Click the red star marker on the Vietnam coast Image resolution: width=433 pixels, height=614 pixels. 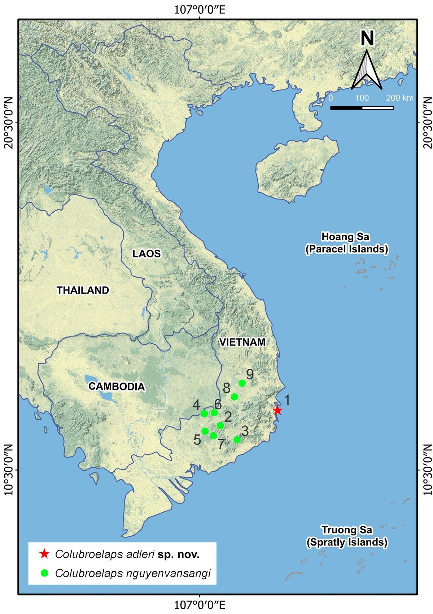coord(277,410)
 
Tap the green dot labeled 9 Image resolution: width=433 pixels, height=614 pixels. coord(242,383)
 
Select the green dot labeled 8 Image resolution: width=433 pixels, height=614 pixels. coord(234,397)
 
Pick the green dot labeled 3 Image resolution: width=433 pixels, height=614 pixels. coord(237,439)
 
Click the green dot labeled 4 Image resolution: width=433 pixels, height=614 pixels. coord(204,413)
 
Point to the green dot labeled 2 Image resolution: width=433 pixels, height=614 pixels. coord(220,426)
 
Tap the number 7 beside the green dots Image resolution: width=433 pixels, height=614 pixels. coord(221,445)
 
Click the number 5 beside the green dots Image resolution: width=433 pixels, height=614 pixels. coord(197,439)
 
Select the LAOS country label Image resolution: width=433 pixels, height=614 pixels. coord(146,253)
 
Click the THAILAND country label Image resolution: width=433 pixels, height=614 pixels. coord(83,290)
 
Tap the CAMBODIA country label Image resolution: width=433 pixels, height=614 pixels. coord(117,386)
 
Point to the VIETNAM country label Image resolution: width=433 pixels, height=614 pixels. coord(242,342)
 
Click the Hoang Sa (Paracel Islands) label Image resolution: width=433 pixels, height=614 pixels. coord(346,243)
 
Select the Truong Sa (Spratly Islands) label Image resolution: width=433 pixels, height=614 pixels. coord(347,536)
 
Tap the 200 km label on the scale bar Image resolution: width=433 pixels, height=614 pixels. coord(400,98)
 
